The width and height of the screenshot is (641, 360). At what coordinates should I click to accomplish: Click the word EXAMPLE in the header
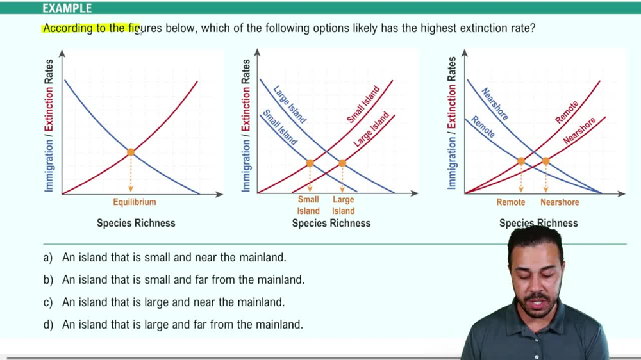tap(67, 8)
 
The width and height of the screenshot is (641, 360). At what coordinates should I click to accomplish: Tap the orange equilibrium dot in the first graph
tap(131, 152)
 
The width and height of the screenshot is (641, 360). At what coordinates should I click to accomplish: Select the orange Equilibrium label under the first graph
tap(135, 202)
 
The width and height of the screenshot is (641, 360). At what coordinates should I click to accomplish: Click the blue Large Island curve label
tap(290, 104)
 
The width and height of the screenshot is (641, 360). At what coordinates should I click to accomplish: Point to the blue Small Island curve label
tap(280, 127)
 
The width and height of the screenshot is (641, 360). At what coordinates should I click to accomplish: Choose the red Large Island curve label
tap(371, 130)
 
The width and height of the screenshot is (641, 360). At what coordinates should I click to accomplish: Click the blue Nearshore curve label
tap(495, 104)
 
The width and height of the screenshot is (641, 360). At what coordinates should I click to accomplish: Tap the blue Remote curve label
tap(483, 127)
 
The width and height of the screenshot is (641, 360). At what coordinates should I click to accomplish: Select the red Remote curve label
tap(567, 113)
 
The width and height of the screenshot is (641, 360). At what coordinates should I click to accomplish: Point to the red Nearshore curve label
tap(579, 131)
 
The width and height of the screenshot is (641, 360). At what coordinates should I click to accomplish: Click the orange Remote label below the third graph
tap(511, 202)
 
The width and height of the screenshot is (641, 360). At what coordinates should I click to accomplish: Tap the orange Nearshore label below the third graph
tap(560, 202)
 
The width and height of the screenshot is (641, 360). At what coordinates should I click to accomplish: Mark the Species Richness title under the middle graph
tap(331, 223)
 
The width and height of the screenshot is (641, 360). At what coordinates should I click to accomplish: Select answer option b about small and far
tap(183, 280)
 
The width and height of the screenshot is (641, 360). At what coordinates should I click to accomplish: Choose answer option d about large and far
tap(182, 325)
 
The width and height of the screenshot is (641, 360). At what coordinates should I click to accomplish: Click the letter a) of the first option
tap(48, 258)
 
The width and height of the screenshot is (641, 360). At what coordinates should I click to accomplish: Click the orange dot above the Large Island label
tap(342, 163)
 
